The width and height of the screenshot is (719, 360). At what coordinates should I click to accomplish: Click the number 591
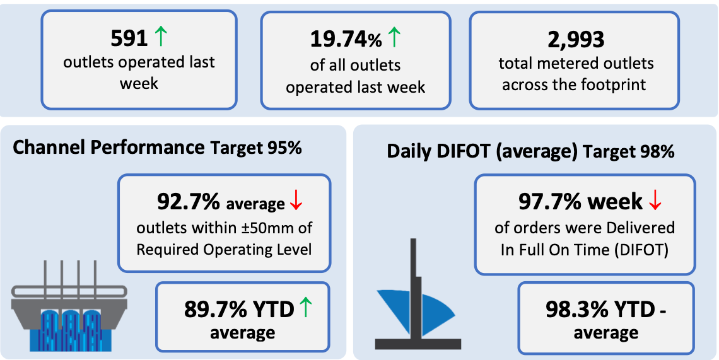click(x=129, y=38)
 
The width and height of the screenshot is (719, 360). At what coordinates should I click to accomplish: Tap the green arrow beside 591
click(x=160, y=37)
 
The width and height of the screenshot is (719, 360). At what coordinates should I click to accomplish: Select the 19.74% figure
click(x=346, y=40)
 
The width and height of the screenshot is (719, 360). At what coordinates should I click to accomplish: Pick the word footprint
click(x=617, y=85)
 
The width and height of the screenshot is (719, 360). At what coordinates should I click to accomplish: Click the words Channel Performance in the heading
click(x=108, y=148)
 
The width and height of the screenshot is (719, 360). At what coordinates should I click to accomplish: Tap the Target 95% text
click(x=255, y=148)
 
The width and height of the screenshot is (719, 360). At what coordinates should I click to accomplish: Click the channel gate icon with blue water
click(x=69, y=307)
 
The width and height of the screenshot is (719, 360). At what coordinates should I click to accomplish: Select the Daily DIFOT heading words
click(x=463, y=152)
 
